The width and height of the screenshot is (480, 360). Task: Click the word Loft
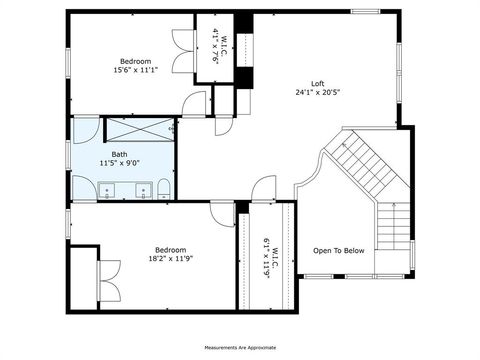(x=316, y=83)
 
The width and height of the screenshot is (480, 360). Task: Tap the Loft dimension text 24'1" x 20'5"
(x=316, y=92)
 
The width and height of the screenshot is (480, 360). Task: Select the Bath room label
(x=119, y=154)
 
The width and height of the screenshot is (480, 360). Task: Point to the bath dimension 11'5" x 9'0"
(x=119, y=163)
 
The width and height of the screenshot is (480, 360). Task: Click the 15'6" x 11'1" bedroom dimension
(x=135, y=69)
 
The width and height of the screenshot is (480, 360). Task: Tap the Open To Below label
(x=339, y=250)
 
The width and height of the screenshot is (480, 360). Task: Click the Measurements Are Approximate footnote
(x=240, y=347)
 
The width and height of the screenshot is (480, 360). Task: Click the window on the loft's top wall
(x=365, y=12)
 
